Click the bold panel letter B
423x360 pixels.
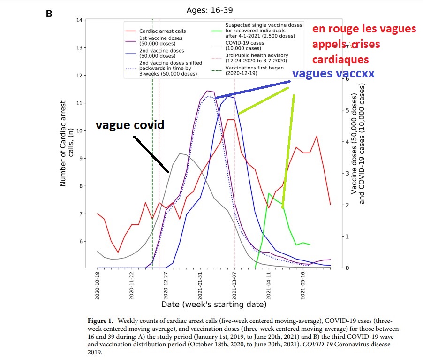pos(49,14)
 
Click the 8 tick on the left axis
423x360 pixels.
pos(80,186)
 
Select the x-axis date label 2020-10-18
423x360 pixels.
pos(98,285)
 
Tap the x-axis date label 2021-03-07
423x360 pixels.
pos(234,285)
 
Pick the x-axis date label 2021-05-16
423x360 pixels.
pos(303,285)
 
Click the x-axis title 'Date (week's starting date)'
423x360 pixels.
pos(214,305)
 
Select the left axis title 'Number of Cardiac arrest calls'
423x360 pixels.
pos(66,146)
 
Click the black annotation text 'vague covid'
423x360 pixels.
pos(130,125)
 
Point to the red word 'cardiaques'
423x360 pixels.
pos(340,60)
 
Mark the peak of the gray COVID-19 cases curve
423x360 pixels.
pos(181,153)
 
